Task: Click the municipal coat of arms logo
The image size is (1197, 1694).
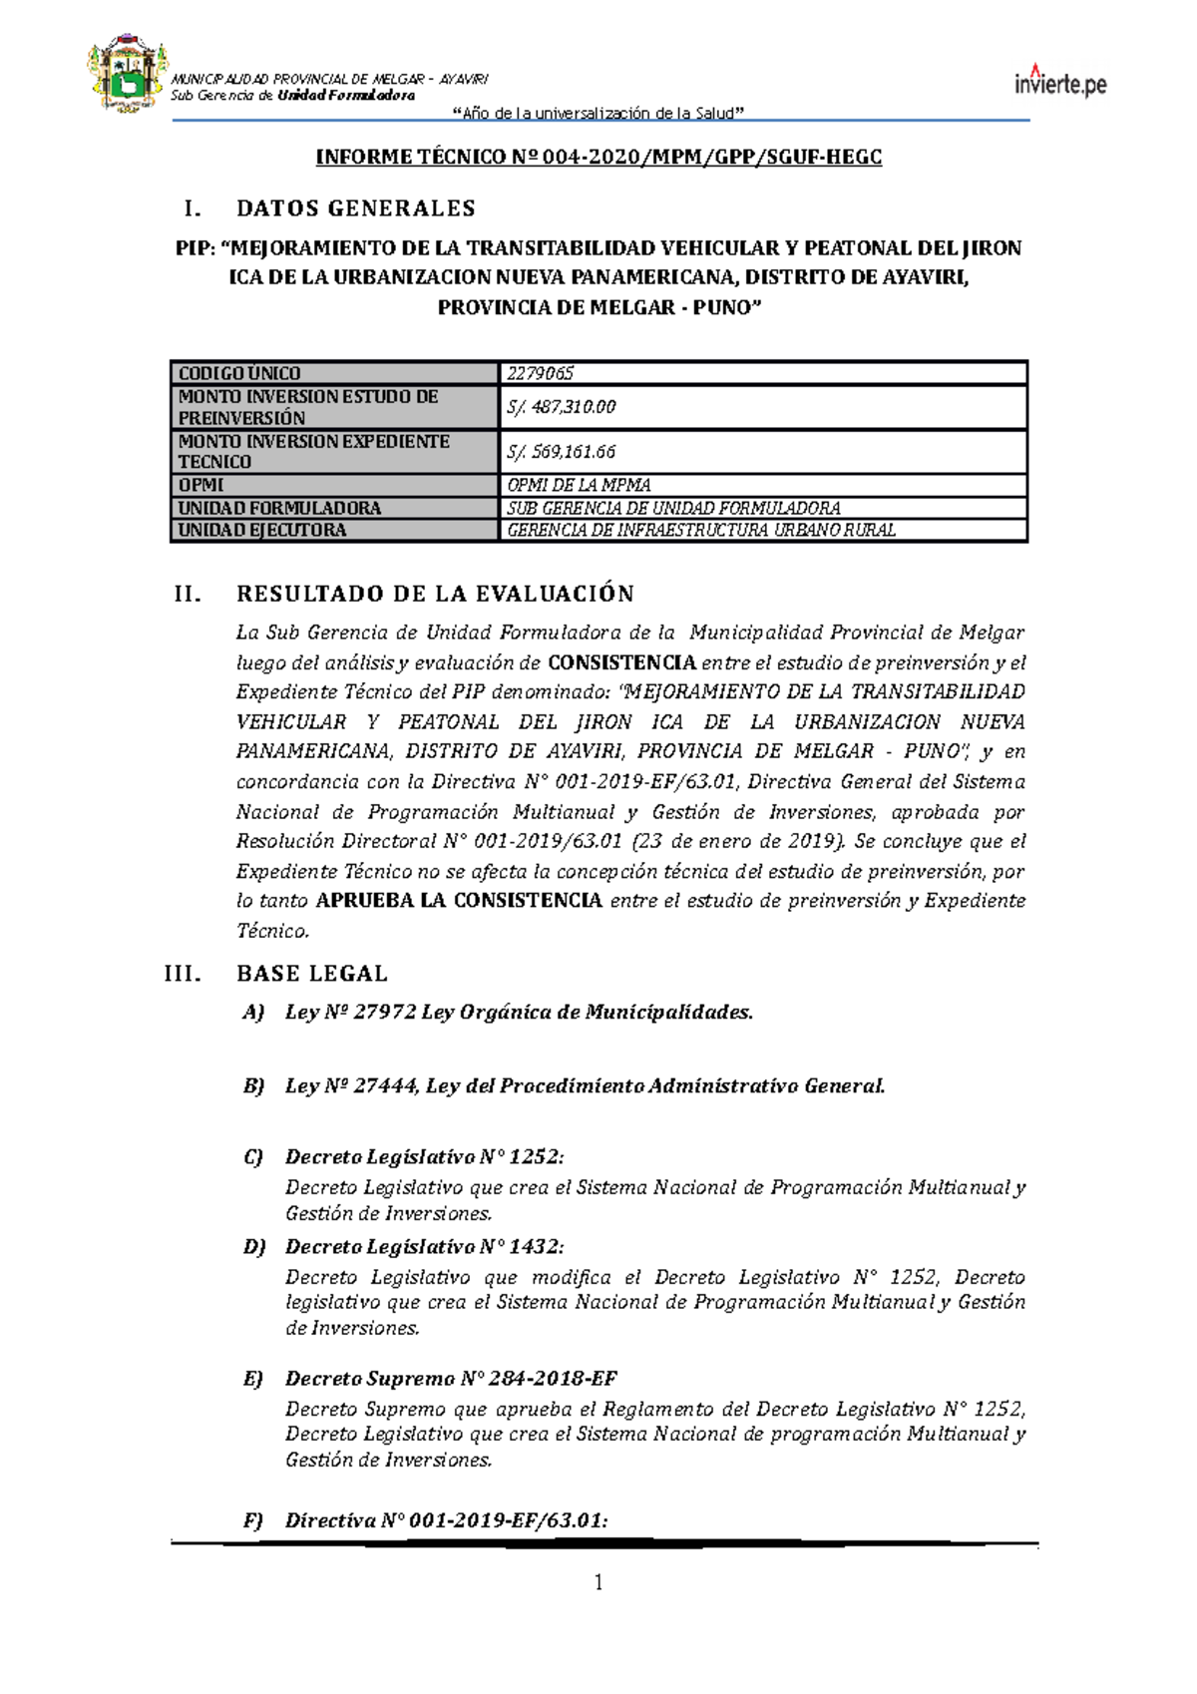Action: [126, 76]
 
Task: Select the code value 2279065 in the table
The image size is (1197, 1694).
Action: [541, 374]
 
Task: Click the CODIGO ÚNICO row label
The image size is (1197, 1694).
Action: [239, 374]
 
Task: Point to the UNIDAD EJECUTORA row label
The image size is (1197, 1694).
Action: [262, 531]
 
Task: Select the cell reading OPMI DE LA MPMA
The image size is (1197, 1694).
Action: [579, 485]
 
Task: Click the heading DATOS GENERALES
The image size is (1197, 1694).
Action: [355, 209]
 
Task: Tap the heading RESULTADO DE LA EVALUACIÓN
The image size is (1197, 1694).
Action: [435, 595]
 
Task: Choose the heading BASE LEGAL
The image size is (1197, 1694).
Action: [311, 974]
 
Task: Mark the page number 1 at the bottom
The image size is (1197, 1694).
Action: [598, 1583]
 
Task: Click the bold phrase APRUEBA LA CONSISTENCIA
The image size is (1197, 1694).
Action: [459, 901]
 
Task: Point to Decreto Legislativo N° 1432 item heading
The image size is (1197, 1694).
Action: [424, 1247]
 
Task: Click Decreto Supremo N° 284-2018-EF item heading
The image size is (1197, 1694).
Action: [451, 1379]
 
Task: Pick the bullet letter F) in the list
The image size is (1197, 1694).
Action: [253, 1521]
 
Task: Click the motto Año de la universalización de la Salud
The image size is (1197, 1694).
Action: [598, 113]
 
